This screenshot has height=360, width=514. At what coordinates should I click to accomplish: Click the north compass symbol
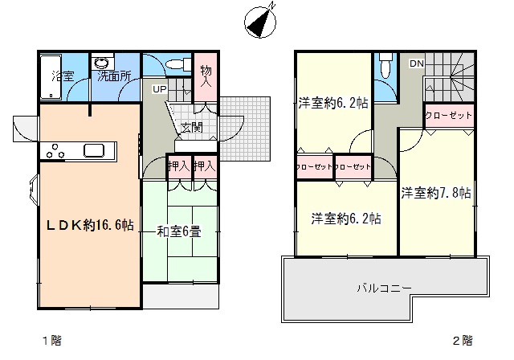tap(260, 22)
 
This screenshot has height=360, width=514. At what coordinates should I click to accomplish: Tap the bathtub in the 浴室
tap(51, 77)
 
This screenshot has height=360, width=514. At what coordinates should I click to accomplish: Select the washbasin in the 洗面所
tap(103, 63)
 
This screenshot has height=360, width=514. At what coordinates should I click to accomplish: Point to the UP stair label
tap(160, 89)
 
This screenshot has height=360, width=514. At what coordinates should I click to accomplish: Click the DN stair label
tap(417, 63)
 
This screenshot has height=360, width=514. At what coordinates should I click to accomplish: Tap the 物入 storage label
tap(206, 76)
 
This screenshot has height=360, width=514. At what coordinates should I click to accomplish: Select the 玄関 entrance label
tap(192, 127)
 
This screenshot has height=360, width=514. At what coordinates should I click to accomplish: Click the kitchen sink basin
tap(94, 150)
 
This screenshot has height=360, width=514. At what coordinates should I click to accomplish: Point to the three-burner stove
tap(55, 151)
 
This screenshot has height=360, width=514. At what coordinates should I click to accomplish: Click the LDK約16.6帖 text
tap(90, 225)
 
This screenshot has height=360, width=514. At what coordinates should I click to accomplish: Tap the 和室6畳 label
tap(179, 231)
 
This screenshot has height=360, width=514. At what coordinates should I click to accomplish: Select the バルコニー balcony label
tap(384, 288)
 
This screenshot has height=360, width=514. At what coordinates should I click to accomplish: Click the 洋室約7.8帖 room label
tap(436, 193)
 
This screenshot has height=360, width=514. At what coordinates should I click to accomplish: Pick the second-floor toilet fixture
tap(385, 66)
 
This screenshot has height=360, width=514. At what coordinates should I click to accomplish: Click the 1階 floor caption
tap(52, 341)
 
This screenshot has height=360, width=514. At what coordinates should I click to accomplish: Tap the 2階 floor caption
tap(463, 341)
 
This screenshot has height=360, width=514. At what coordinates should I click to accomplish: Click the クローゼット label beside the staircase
tap(448, 116)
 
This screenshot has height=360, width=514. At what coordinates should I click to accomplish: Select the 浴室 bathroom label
tap(63, 76)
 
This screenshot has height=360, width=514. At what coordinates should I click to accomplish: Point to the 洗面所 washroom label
tap(114, 76)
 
